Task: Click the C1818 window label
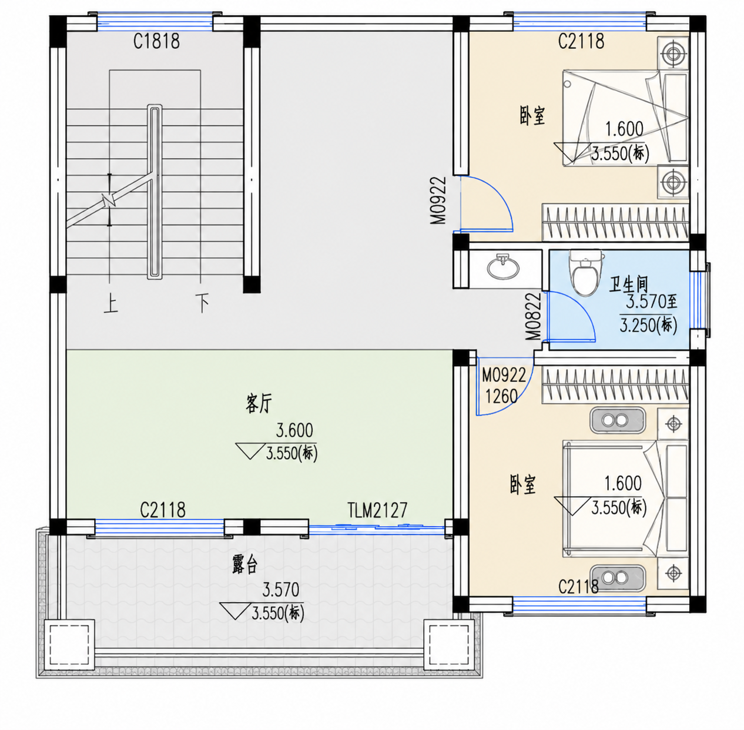tap(156, 41)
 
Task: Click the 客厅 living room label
tap(259, 403)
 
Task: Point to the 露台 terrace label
tap(245, 565)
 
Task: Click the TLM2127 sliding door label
tap(377, 510)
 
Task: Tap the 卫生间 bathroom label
tap(628, 284)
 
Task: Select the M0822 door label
tap(533, 316)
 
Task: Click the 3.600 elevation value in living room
tap(294, 430)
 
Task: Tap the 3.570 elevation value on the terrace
tap(281, 590)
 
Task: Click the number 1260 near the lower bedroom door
tap(501, 396)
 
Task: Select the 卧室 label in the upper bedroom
tap(532, 116)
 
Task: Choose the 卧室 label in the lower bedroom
tap(523, 485)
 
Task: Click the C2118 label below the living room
tap(163, 510)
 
